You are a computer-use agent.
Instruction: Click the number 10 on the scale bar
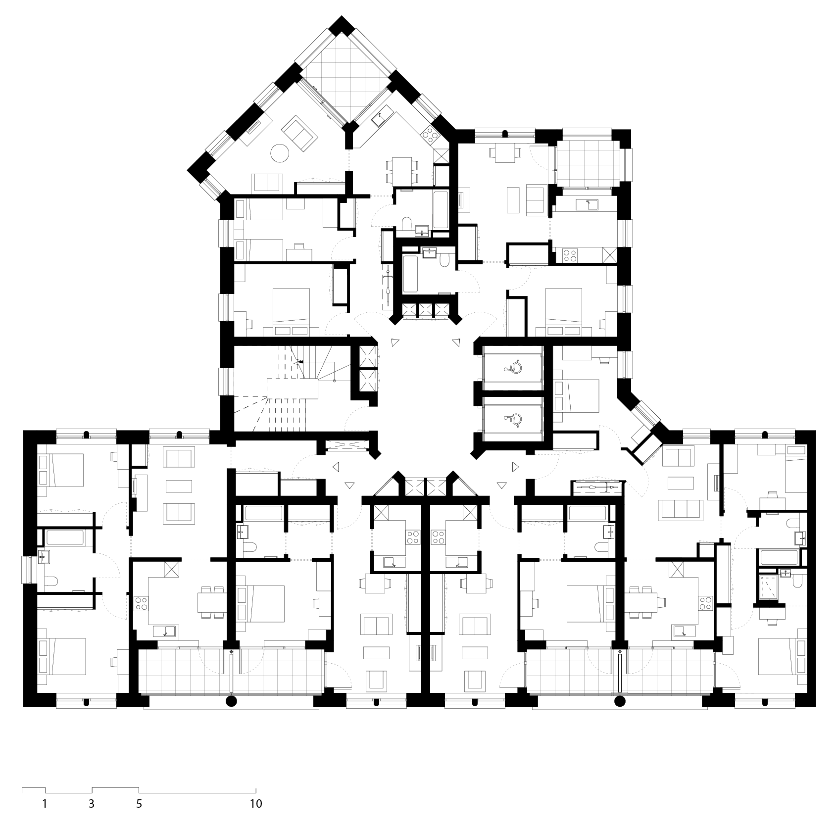point(256,804)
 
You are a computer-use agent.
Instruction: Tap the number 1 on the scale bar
point(45,804)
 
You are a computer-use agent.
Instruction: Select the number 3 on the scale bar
point(92,804)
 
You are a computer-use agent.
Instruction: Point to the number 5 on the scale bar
point(139,804)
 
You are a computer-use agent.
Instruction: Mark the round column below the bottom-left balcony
point(231,701)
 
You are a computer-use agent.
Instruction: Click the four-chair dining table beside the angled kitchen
point(401,170)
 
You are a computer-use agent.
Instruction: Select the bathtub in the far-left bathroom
point(65,538)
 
